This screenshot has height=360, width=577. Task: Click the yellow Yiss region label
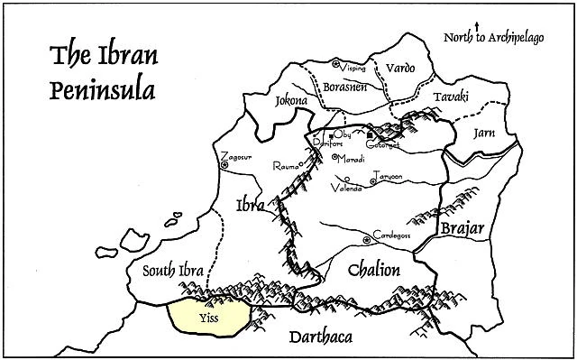click(x=208, y=318)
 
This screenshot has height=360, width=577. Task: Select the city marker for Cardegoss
click(x=365, y=239)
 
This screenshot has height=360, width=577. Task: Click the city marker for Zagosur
click(x=224, y=164)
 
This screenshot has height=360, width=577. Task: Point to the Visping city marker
click(x=335, y=63)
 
